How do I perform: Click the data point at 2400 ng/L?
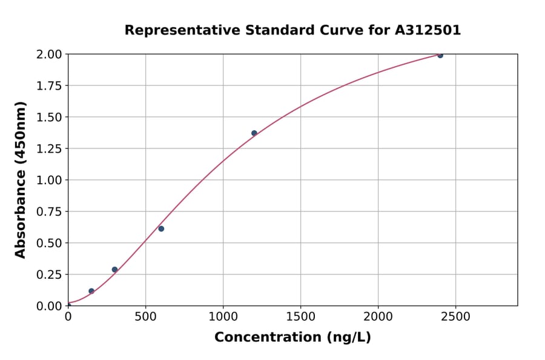[440, 55]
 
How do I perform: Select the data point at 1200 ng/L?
[254, 133]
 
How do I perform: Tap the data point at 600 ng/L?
[161, 228]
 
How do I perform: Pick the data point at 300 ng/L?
[114, 270]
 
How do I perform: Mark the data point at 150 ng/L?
[91, 291]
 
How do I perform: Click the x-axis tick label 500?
[145, 317]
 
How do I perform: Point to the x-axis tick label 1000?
[223, 317]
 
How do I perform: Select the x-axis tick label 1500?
[300, 317]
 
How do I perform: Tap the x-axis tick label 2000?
[378, 317]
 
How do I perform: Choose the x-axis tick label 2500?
[455, 317]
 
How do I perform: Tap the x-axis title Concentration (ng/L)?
[292, 338]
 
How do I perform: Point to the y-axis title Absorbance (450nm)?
[21, 180]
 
